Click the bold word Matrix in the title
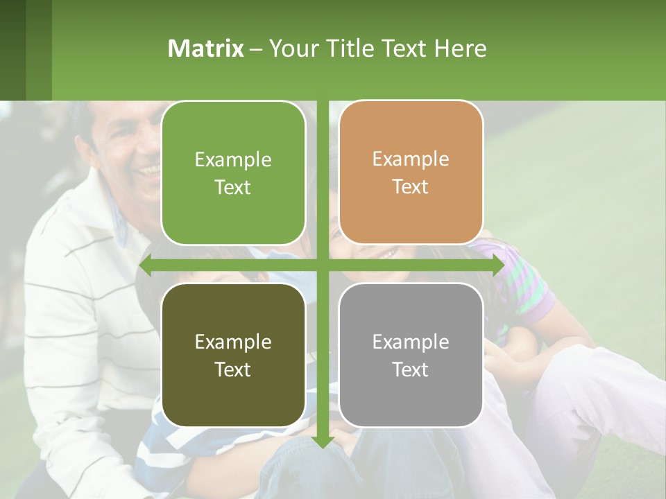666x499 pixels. click(x=205, y=49)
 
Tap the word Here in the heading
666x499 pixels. click(x=460, y=49)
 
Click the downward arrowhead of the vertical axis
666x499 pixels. click(x=323, y=441)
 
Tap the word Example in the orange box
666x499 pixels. click(x=411, y=159)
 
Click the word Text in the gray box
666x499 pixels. click(x=411, y=369)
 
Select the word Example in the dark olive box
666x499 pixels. click(x=233, y=342)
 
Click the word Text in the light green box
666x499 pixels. click(x=233, y=187)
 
